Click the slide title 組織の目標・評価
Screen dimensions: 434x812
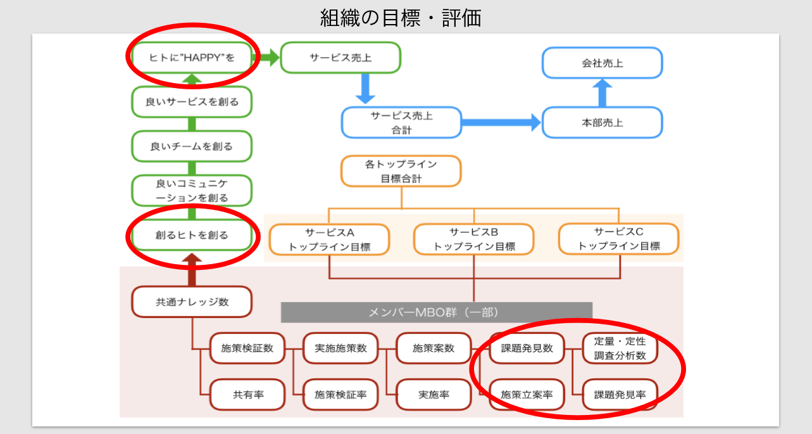401,18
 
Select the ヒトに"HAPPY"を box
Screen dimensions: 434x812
192,58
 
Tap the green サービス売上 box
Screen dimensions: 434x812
340,58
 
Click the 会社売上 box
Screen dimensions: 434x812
603,63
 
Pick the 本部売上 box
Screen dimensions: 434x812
603,122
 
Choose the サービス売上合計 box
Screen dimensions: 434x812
401,122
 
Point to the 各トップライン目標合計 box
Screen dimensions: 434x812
401,171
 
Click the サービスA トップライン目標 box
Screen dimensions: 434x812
329,239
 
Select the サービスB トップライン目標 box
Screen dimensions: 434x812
474,239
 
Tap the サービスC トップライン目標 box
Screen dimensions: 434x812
618,239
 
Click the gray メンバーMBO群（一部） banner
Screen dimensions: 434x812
437,312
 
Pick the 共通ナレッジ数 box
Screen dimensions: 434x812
192,302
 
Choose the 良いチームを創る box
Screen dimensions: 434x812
192,146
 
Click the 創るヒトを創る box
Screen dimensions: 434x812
192,235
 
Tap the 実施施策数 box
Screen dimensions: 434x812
340,348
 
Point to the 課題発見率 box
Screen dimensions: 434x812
620,395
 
